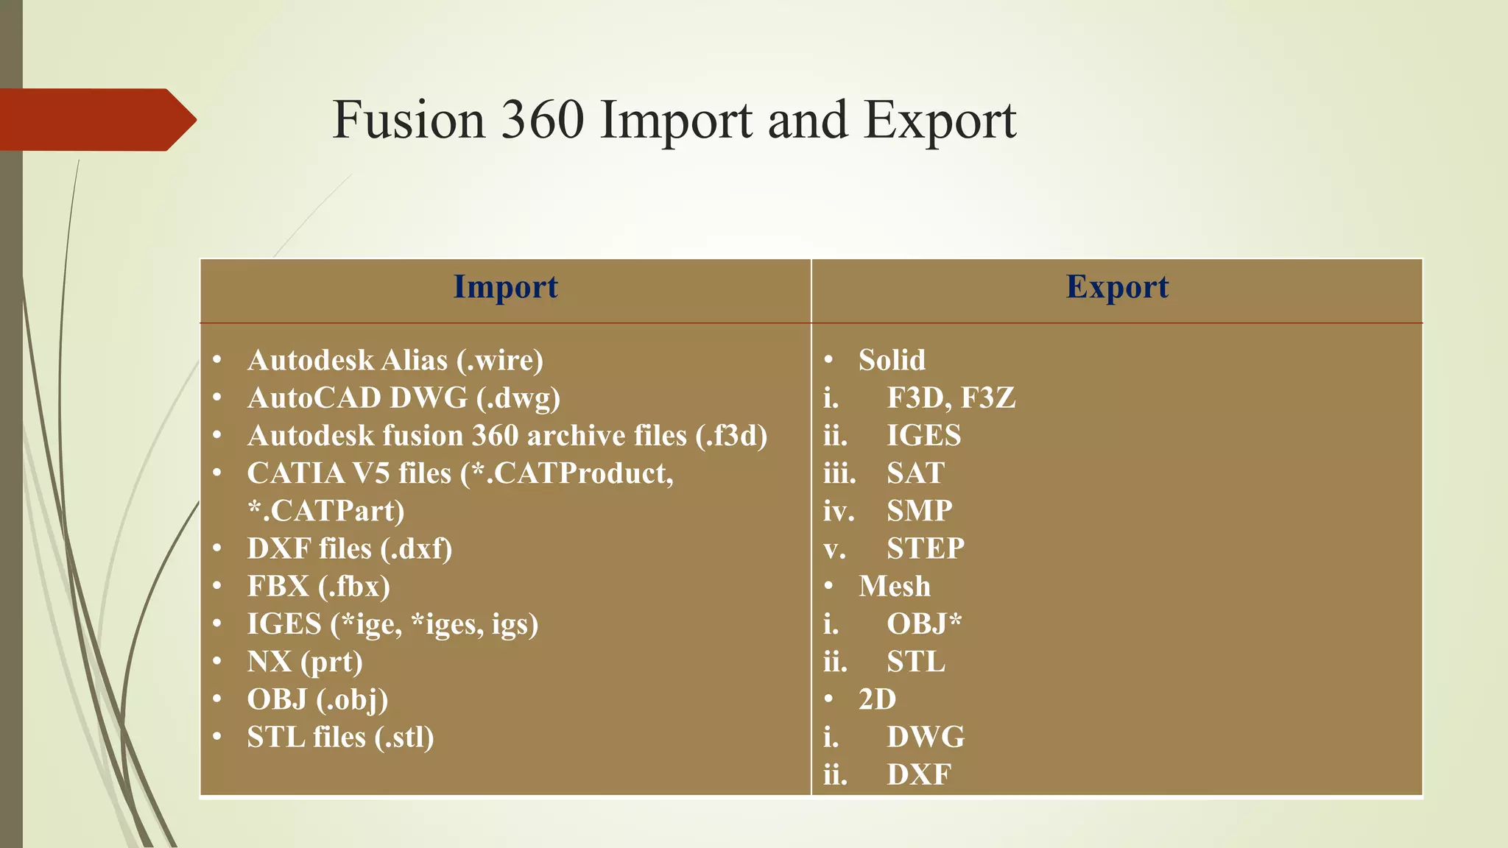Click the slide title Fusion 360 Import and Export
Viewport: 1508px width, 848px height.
[674, 120]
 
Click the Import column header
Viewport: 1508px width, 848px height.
[505, 287]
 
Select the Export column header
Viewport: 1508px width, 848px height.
[1117, 287]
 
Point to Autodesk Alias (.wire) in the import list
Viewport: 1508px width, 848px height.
[395, 361]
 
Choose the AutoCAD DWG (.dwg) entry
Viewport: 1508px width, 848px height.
[404, 398]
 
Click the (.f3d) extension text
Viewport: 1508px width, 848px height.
[731, 436]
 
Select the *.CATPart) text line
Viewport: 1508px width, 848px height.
[326, 511]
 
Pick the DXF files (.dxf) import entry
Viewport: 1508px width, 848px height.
[350, 549]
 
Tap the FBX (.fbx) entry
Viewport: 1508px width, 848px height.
[318, 587]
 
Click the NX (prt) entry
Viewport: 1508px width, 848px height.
[305, 662]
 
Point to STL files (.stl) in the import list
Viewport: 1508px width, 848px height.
[340, 738]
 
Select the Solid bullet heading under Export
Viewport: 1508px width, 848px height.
[892, 361]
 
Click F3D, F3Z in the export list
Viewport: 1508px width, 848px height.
[951, 398]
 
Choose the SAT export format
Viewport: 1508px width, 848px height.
[915, 473]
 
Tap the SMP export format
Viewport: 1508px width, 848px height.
[919, 511]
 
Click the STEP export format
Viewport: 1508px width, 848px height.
[925, 549]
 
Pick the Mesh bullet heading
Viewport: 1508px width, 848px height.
[894, 587]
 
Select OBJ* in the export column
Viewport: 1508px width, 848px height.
[924, 624]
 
